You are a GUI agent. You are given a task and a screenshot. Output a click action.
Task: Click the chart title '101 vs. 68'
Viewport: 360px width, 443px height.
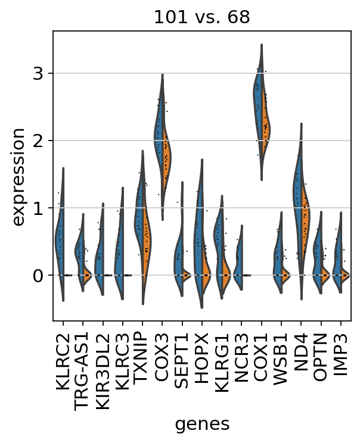[x=202, y=17]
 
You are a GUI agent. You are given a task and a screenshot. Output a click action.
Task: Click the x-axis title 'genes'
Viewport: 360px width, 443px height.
[x=202, y=424]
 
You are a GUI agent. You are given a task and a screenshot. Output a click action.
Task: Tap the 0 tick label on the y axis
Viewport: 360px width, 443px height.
[x=40, y=276]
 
